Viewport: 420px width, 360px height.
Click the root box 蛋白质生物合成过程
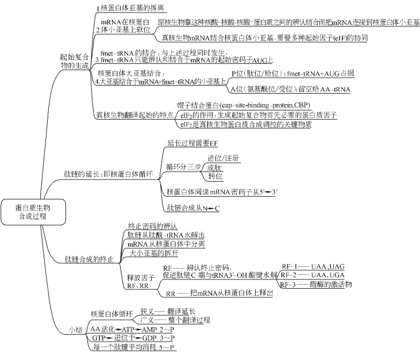33,212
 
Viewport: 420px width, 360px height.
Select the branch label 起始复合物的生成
75,62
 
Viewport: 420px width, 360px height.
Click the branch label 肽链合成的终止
88,259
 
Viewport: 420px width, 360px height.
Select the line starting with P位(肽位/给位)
292,74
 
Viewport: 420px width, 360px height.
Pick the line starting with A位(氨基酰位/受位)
290,89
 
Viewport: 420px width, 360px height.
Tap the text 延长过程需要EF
192,143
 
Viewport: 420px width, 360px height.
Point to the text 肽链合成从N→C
193,207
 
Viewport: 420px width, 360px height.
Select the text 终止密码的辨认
153,226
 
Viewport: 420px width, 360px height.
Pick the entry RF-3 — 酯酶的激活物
319,285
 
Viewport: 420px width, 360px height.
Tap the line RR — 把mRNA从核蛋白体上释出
219,293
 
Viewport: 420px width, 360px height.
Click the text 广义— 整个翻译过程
176,320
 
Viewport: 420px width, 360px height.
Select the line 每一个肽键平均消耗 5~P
133,347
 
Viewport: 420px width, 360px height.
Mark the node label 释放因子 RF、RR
137,281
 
